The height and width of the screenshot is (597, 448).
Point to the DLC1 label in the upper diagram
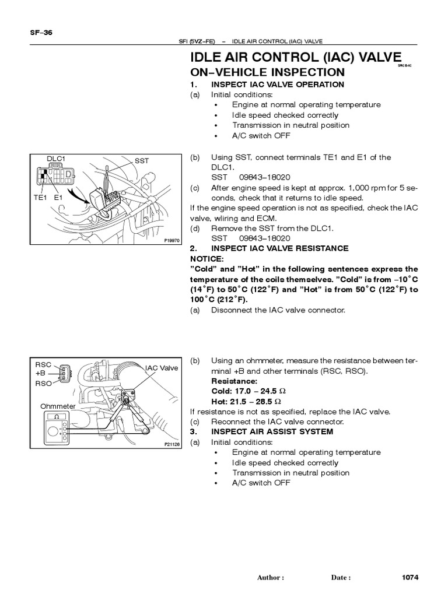(x=56, y=158)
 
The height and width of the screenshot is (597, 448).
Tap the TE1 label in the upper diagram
(x=40, y=198)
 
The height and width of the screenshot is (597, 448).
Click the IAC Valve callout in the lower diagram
(x=162, y=368)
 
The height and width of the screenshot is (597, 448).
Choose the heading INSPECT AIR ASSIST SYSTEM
(x=272, y=432)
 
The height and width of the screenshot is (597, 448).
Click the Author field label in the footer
(x=270, y=578)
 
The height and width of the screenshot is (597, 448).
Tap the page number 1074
(x=411, y=578)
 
